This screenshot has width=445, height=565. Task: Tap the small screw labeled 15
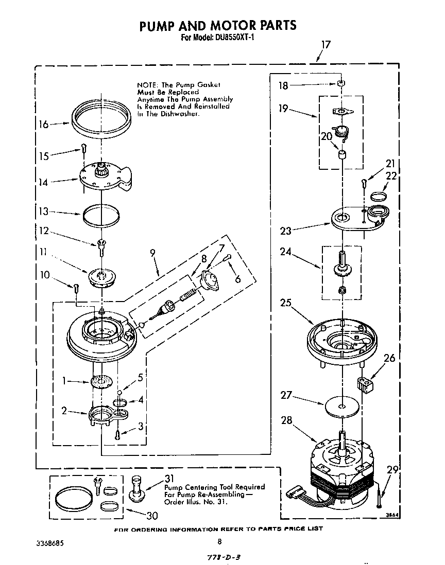(82, 149)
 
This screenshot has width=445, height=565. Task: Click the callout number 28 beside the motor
(286, 420)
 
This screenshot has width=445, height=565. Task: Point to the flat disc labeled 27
(341, 407)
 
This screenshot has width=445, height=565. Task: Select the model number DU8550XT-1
(234, 38)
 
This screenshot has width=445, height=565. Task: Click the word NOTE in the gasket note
(147, 84)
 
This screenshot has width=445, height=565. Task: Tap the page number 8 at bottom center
(219, 541)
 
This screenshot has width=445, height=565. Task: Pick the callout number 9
(152, 253)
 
